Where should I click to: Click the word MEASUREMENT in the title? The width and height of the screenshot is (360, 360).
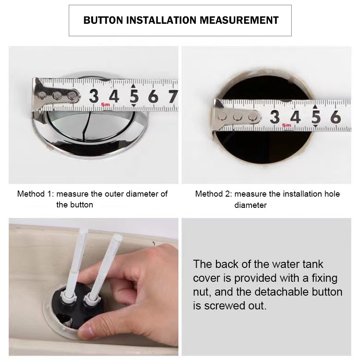coord(239,20)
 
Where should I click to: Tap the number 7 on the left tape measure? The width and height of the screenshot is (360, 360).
coord(173,96)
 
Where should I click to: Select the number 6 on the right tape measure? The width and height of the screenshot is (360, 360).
coord(335,117)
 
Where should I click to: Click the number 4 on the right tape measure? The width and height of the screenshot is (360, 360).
coord(295,117)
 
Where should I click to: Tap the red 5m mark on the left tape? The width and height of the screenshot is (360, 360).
coord(105,105)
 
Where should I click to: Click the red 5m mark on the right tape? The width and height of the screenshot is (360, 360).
coord(287,125)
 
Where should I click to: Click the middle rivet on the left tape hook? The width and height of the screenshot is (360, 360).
coord(57,95)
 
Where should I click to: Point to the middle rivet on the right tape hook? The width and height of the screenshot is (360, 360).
coord(237,117)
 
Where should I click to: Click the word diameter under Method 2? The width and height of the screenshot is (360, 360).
coord(250,205)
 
